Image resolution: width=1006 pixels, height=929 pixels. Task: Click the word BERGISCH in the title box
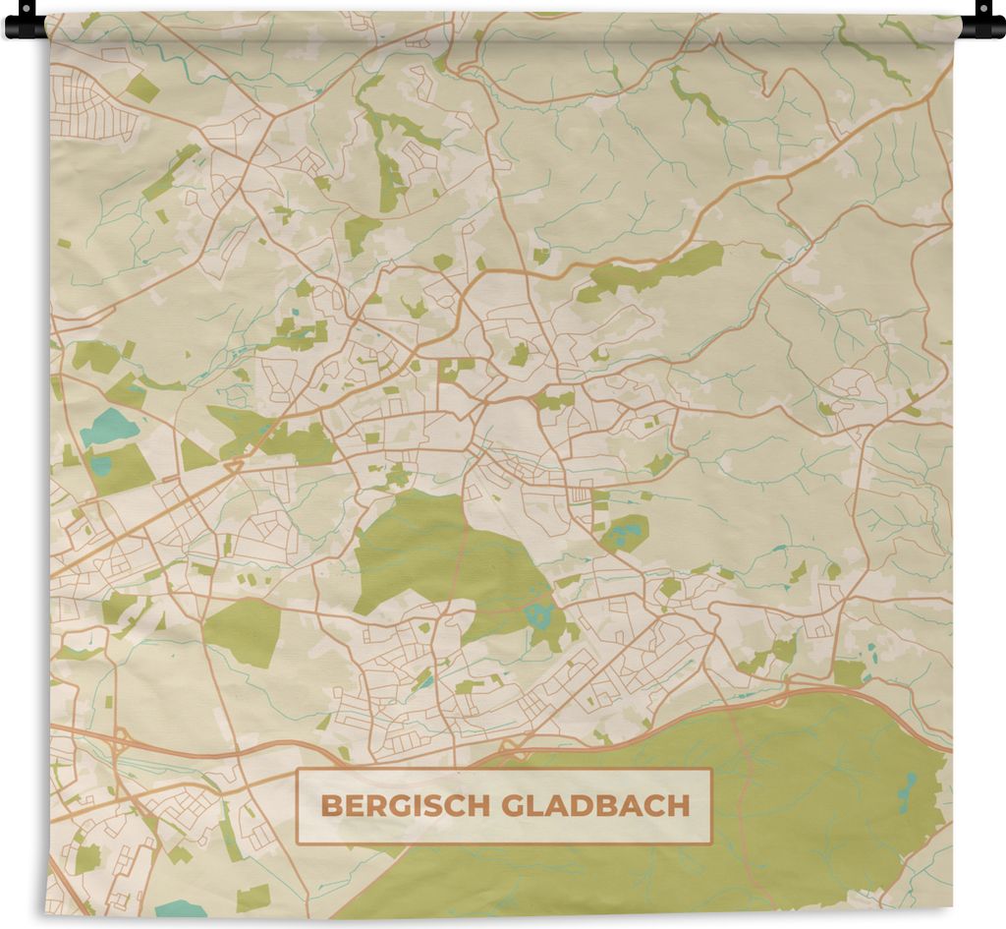pyautogui.click(x=407, y=807)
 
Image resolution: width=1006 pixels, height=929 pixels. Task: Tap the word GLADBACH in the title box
pyautogui.click(x=595, y=807)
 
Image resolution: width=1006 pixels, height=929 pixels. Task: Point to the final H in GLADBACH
pyautogui.click(x=681, y=807)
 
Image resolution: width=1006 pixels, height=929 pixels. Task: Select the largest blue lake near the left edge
pyautogui.click(x=108, y=427)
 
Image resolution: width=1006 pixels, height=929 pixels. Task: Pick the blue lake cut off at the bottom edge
pyautogui.click(x=181, y=908)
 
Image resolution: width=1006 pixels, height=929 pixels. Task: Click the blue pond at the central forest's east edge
pyautogui.click(x=538, y=616)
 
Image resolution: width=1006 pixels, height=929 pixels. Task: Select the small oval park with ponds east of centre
pyautogui.click(x=626, y=533)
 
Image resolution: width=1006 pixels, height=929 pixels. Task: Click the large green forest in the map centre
pyautogui.click(x=437, y=555)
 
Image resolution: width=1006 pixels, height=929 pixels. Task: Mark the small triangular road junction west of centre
pyautogui.click(x=234, y=465)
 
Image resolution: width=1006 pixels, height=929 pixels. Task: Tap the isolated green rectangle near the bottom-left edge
pyautogui.click(x=252, y=897)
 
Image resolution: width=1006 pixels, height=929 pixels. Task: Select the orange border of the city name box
pyautogui.click(x=504, y=770)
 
